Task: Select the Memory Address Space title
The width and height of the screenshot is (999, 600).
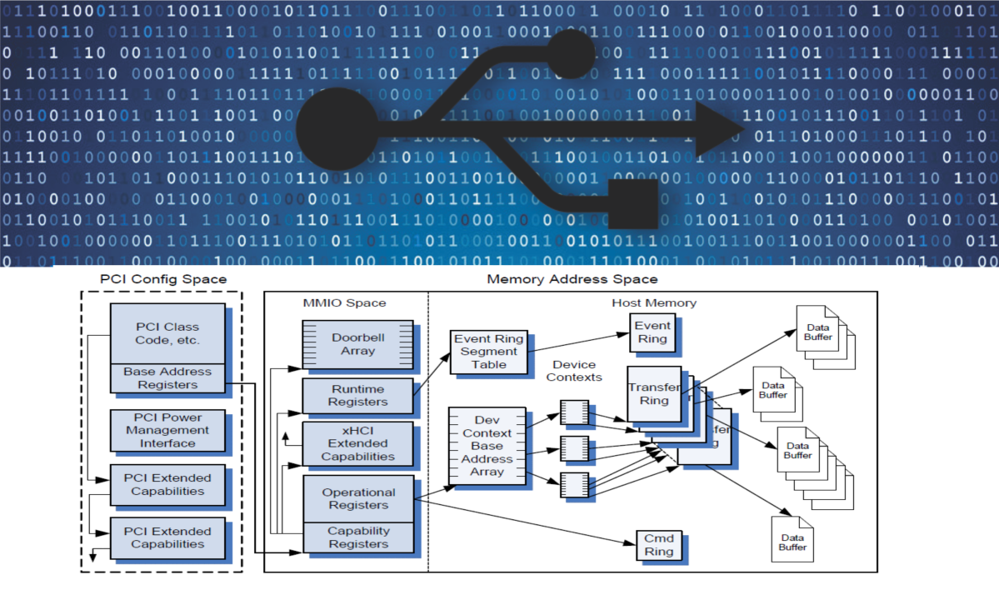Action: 572,278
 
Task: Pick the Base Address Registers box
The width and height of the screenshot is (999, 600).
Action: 167,378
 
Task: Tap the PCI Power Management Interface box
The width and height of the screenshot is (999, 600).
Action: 167,430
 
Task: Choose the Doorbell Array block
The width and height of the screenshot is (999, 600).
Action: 358,344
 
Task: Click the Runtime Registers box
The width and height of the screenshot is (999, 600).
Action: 358,395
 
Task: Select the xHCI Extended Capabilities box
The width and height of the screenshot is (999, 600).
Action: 358,443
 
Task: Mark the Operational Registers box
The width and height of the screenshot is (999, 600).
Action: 358,498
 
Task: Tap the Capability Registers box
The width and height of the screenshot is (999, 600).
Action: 358,537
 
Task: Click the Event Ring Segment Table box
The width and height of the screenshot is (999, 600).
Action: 488,352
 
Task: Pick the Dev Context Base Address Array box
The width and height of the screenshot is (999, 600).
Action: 487,446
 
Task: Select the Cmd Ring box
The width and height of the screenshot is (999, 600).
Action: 658,544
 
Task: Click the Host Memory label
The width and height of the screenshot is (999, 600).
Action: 642,302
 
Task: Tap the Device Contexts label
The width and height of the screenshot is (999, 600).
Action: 575,371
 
